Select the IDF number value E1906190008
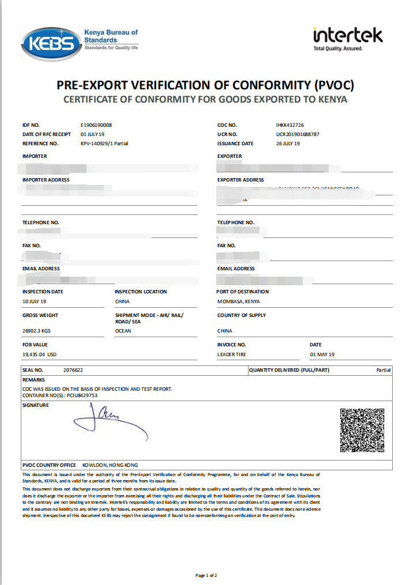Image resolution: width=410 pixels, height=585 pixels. (x=96, y=125)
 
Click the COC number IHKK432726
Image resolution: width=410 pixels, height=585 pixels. (x=290, y=125)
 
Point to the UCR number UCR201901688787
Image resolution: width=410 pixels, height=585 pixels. (x=298, y=134)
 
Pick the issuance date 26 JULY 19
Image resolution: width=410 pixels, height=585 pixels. (x=288, y=144)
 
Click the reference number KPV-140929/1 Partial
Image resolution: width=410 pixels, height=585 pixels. (x=104, y=144)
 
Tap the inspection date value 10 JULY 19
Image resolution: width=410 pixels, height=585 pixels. (x=34, y=301)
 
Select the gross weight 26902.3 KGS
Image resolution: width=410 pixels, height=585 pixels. (x=36, y=331)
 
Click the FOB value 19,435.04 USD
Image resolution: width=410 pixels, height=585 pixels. (x=39, y=354)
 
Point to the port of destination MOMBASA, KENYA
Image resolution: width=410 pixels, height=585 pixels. (x=238, y=301)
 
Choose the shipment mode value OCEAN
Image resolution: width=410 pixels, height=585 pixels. (x=123, y=331)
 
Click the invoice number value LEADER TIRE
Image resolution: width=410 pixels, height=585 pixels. (x=232, y=354)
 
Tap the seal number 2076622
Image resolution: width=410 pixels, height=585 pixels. (x=73, y=370)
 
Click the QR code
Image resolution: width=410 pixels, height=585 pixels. (x=362, y=430)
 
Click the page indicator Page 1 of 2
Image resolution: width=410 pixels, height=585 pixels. (x=206, y=575)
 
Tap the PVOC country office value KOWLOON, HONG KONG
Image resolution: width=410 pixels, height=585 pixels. (x=110, y=465)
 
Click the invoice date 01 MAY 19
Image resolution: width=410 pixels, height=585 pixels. (x=322, y=354)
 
